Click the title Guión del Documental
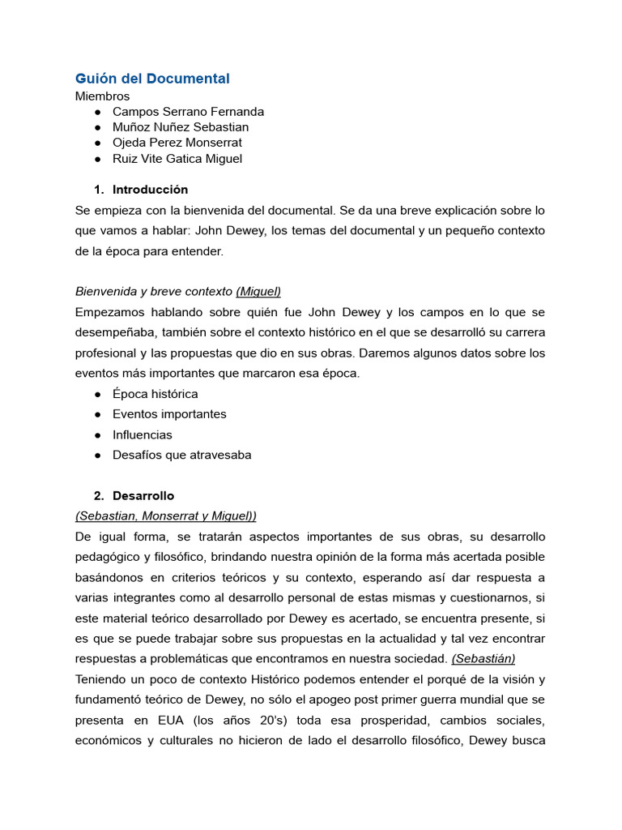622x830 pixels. [x=152, y=79]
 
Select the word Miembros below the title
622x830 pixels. [x=102, y=96]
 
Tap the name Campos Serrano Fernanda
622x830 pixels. [x=188, y=111]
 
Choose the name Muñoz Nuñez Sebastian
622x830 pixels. [x=181, y=127]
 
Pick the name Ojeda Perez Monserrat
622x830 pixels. [x=177, y=143]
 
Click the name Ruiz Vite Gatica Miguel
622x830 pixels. [x=177, y=159]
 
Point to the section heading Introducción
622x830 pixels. [x=150, y=190]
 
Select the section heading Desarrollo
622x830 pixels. [x=143, y=495]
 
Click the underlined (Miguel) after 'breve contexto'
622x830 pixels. [x=258, y=291]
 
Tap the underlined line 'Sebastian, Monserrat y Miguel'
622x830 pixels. [x=165, y=516]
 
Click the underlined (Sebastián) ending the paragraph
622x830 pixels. [x=484, y=658]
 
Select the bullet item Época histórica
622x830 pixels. [x=155, y=394]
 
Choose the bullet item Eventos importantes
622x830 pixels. [x=169, y=414]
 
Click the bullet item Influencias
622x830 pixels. [x=143, y=434]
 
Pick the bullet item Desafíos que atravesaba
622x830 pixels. [x=181, y=455]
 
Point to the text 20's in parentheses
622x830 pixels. [x=280, y=720]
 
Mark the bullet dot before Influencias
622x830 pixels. [x=97, y=434]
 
